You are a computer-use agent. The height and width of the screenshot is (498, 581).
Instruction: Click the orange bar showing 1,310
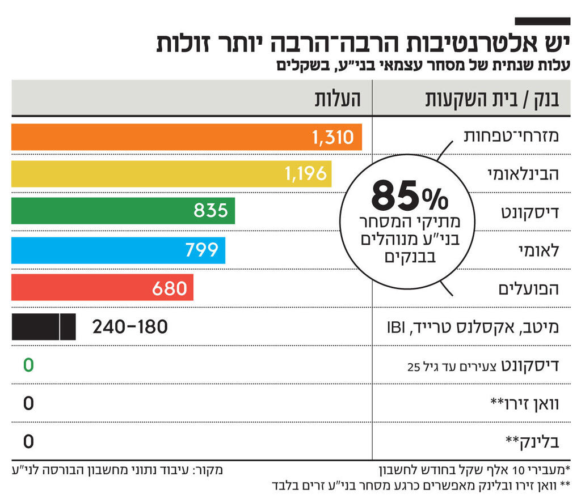click(186, 137)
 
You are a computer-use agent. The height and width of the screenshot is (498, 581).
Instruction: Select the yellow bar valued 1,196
click(171, 174)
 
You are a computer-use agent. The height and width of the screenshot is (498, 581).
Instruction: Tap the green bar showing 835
click(123, 211)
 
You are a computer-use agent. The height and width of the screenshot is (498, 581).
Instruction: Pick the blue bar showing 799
click(118, 250)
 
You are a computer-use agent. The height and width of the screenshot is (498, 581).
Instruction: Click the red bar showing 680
click(102, 287)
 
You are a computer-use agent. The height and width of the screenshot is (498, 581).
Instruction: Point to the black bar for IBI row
click(43, 327)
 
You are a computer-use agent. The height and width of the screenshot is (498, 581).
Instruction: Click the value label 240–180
click(130, 327)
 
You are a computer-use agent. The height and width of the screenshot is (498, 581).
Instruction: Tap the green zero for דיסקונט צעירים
click(28, 365)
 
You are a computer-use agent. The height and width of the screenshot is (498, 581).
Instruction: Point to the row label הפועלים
click(528, 288)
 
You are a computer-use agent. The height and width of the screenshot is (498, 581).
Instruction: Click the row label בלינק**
click(532, 441)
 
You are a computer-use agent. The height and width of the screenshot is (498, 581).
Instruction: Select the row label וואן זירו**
click(524, 403)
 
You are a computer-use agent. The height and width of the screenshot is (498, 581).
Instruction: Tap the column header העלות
click(339, 99)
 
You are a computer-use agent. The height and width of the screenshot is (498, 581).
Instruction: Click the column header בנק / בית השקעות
click(492, 99)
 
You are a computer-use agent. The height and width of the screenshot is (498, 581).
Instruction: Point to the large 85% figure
click(409, 197)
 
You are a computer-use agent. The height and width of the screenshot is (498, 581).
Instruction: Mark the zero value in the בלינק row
click(28, 441)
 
